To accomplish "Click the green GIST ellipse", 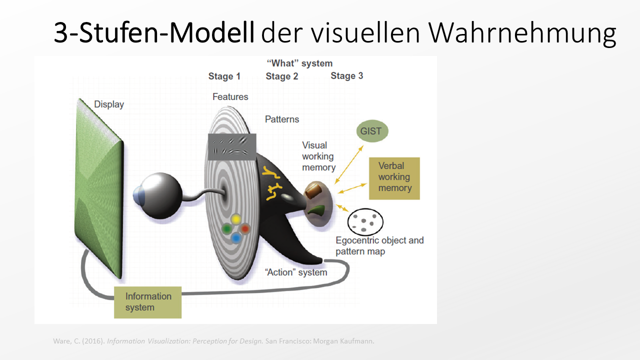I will coord(372,131).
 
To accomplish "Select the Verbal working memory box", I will coord(394,178).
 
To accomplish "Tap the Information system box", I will coord(147,302).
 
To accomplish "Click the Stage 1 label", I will coord(224,76).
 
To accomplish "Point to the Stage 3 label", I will coord(346,76).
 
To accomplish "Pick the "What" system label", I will coord(299,63).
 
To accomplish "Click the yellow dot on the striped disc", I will coord(236,219).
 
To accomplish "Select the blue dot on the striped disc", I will coord(236,238).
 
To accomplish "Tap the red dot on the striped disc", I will coord(245,228).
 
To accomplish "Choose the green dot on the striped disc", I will coord(226,228).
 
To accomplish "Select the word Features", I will coord(230,97).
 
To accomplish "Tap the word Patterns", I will coord(282,119).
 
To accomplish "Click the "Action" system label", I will coord(295,272).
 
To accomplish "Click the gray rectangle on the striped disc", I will coord(232,146).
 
